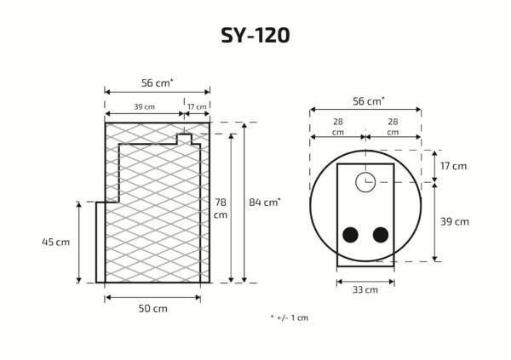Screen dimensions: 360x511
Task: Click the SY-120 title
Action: (255, 35)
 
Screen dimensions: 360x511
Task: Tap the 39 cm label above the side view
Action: (144, 106)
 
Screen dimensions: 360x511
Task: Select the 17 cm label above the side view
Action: (197, 106)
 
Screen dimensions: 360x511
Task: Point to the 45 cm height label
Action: (55, 242)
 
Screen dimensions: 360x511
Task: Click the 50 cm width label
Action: (153, 308)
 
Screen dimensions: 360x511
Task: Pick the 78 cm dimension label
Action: (221, 209)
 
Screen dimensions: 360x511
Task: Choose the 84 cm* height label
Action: (265, 202)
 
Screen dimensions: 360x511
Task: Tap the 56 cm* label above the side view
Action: (158, 83)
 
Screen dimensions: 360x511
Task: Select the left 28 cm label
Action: (338, 127)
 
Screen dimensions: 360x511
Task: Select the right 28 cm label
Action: (393, 127)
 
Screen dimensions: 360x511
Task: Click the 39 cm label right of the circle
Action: (455, 221)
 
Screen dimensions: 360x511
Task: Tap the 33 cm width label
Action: (365, 289)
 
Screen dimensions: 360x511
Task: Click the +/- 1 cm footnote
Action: (289, 317)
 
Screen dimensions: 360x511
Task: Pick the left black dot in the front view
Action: (349, 235)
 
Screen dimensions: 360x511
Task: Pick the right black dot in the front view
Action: (380, 235)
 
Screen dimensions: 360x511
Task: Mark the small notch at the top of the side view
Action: (184, 137)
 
